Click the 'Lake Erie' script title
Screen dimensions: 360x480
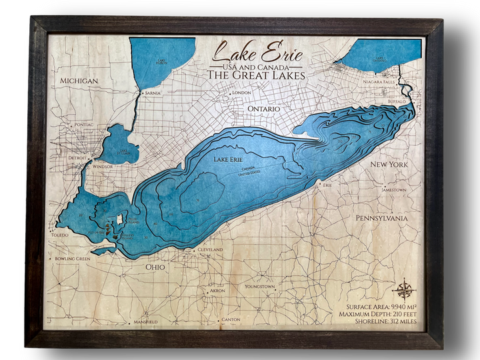(x=257, y=53)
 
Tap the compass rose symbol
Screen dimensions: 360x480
(x=404, y=290)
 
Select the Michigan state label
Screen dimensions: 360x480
(x=79, y=81)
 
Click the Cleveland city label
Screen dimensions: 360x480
(x=210, y=249)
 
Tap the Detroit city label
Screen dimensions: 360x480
(x=78, y=158)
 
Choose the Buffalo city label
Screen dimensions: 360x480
(x=397, y=101)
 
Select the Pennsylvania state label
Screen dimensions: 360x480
(x=390, y=217)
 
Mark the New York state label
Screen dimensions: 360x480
(x=389, y=164)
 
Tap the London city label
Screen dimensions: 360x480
(x=241, y=93)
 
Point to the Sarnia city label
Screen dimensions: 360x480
(x=153, y=93)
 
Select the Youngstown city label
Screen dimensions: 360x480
(x=260, y=287)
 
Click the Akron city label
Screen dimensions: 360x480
(x=217, y=291)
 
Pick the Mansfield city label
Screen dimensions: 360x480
(x=145, y=321)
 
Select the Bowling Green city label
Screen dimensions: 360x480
(x=73, y=258)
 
